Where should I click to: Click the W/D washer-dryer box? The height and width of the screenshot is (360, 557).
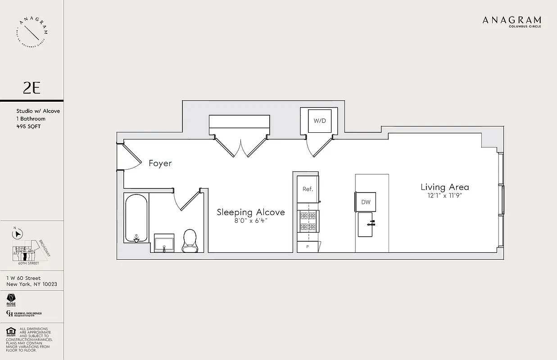tap(319, 121)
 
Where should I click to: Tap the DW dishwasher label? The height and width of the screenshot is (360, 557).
tap(366, 202)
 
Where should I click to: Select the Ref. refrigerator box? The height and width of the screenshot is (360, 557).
tap(308, 189)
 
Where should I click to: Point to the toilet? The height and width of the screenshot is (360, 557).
tap(190, 241)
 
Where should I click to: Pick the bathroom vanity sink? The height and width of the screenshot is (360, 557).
tap(164, 243)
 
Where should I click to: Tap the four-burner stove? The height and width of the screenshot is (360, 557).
tap(308, 221)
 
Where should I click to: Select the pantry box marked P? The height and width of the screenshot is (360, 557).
tap(308, 247)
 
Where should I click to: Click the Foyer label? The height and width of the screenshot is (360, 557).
tap(160, 163)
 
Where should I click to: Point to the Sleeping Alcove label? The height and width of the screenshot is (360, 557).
tap(251, 212)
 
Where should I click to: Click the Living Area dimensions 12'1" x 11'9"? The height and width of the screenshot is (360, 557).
tap(445, 196)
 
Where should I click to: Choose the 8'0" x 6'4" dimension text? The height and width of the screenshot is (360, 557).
tap(251, 221)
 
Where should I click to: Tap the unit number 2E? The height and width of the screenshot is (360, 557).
tap(32, 88)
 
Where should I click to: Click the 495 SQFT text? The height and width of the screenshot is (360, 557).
tap(28, 126)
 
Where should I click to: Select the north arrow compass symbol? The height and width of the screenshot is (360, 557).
tap(18, 234)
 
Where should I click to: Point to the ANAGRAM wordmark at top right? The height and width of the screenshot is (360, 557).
tap(512, 20)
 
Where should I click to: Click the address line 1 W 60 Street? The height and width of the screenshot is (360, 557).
tap(23, 278)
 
